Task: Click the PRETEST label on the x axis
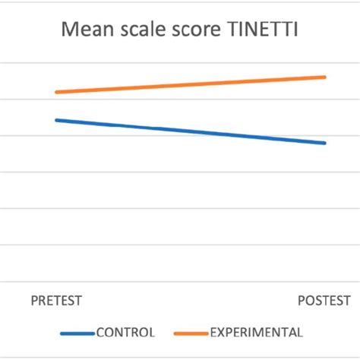coord(56,300)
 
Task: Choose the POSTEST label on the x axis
coord(324,300)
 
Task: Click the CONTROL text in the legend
coord(125,333)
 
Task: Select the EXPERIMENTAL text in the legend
coord(256,333)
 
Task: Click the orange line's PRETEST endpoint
coord(56,92)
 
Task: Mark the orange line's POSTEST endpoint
coord(325,77)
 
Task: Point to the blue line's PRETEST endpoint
coord(56,120)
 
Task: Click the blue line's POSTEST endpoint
coord(325,143)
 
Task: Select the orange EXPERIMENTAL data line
coord(190,84)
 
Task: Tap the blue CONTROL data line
coord(190,131)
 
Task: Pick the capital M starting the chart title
coord(70,31)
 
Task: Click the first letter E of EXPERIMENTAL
coord(213,333)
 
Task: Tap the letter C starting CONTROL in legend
coord(99,333)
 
